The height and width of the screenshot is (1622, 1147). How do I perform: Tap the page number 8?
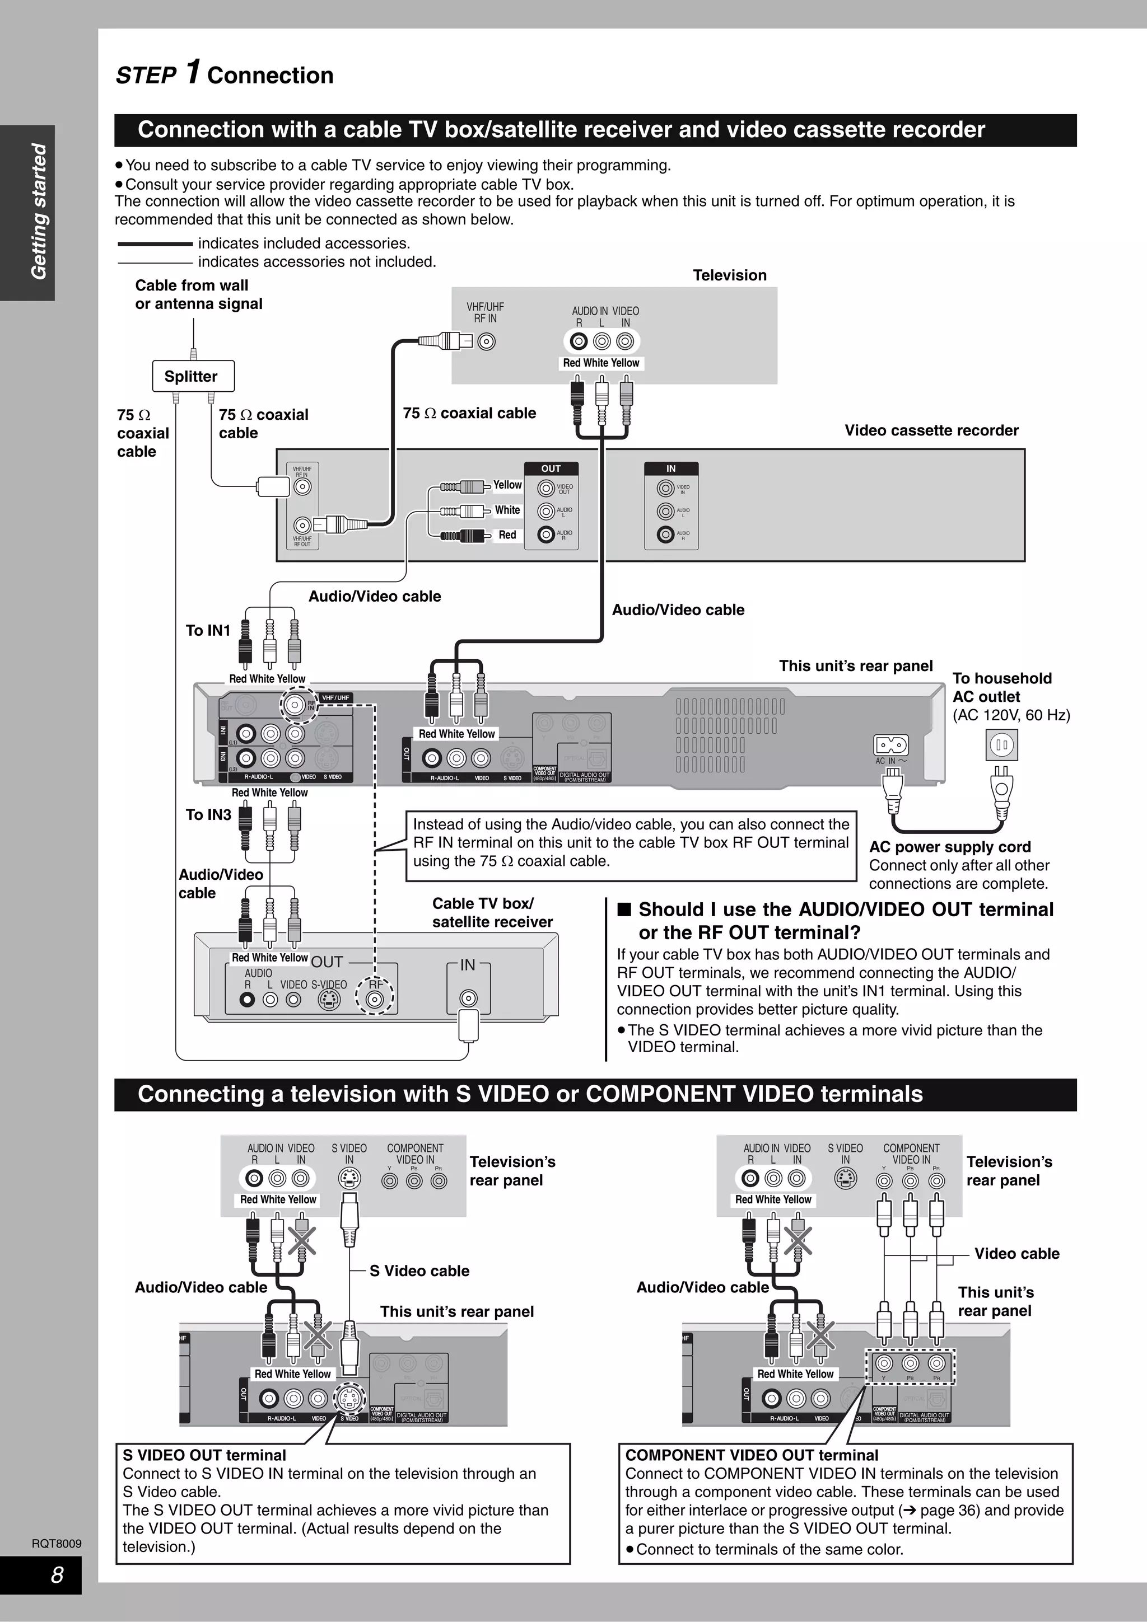[x=57, y=1574]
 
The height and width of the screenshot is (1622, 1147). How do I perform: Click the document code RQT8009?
[x=57, y=1544]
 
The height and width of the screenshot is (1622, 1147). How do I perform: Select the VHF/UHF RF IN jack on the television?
[x=486, y=342]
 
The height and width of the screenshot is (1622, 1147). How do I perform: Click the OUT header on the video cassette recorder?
[x=551, y=468]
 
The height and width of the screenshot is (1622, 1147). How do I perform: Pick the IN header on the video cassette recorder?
[x=671, y=468]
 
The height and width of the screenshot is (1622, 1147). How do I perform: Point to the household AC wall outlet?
[x=1001, y=744]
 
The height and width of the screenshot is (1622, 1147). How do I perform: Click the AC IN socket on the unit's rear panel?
[x=890, y=746]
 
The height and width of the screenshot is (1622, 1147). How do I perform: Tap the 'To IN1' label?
[x=208, y=630]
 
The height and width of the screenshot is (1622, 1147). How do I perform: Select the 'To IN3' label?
[x=208, y=814]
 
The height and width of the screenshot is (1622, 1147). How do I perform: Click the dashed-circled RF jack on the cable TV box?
[x=375, y=999]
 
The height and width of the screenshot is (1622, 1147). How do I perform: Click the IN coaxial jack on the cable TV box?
[x=468, y=998]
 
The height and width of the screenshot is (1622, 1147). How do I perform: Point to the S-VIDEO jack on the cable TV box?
[x=329, y=1000]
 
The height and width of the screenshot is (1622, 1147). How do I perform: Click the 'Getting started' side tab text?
[x=39, y=212]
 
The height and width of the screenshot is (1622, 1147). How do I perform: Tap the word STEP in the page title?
[x=146, y=76]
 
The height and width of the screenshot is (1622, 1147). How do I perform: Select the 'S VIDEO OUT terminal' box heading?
[x=204, y=1455]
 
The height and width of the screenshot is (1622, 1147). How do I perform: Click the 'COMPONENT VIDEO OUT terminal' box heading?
[x=751, y=1455]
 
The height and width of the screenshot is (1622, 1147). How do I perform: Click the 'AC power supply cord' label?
[x=949, y=847]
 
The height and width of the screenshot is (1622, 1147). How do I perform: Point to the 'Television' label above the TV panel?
[x=729, y=275]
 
